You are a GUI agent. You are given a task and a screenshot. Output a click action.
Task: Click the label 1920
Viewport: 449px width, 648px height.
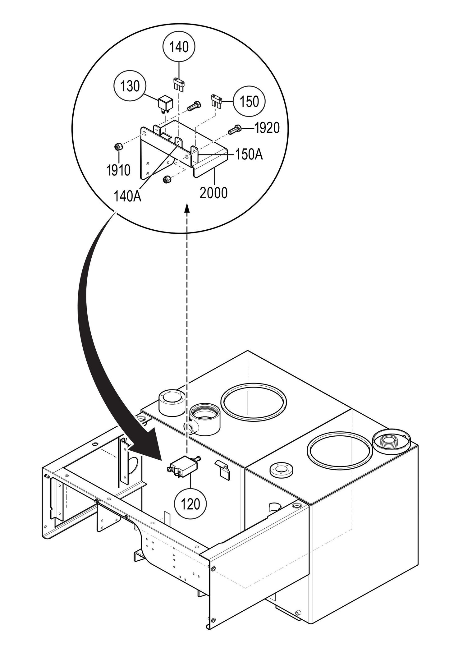(267, 128)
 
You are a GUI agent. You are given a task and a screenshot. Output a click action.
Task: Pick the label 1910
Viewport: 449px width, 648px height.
(118, 170)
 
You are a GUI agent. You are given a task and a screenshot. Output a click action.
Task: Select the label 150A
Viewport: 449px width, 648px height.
(249, 155)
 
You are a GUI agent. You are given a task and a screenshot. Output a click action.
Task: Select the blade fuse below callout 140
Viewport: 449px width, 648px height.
(179, 84)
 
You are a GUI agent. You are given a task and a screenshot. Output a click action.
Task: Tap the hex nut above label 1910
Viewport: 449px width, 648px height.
(118, 146)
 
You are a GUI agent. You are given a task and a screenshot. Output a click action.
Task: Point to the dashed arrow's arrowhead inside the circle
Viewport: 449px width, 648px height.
(187, 208)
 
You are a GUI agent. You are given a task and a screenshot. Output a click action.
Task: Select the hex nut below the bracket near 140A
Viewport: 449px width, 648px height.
(166, 179)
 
